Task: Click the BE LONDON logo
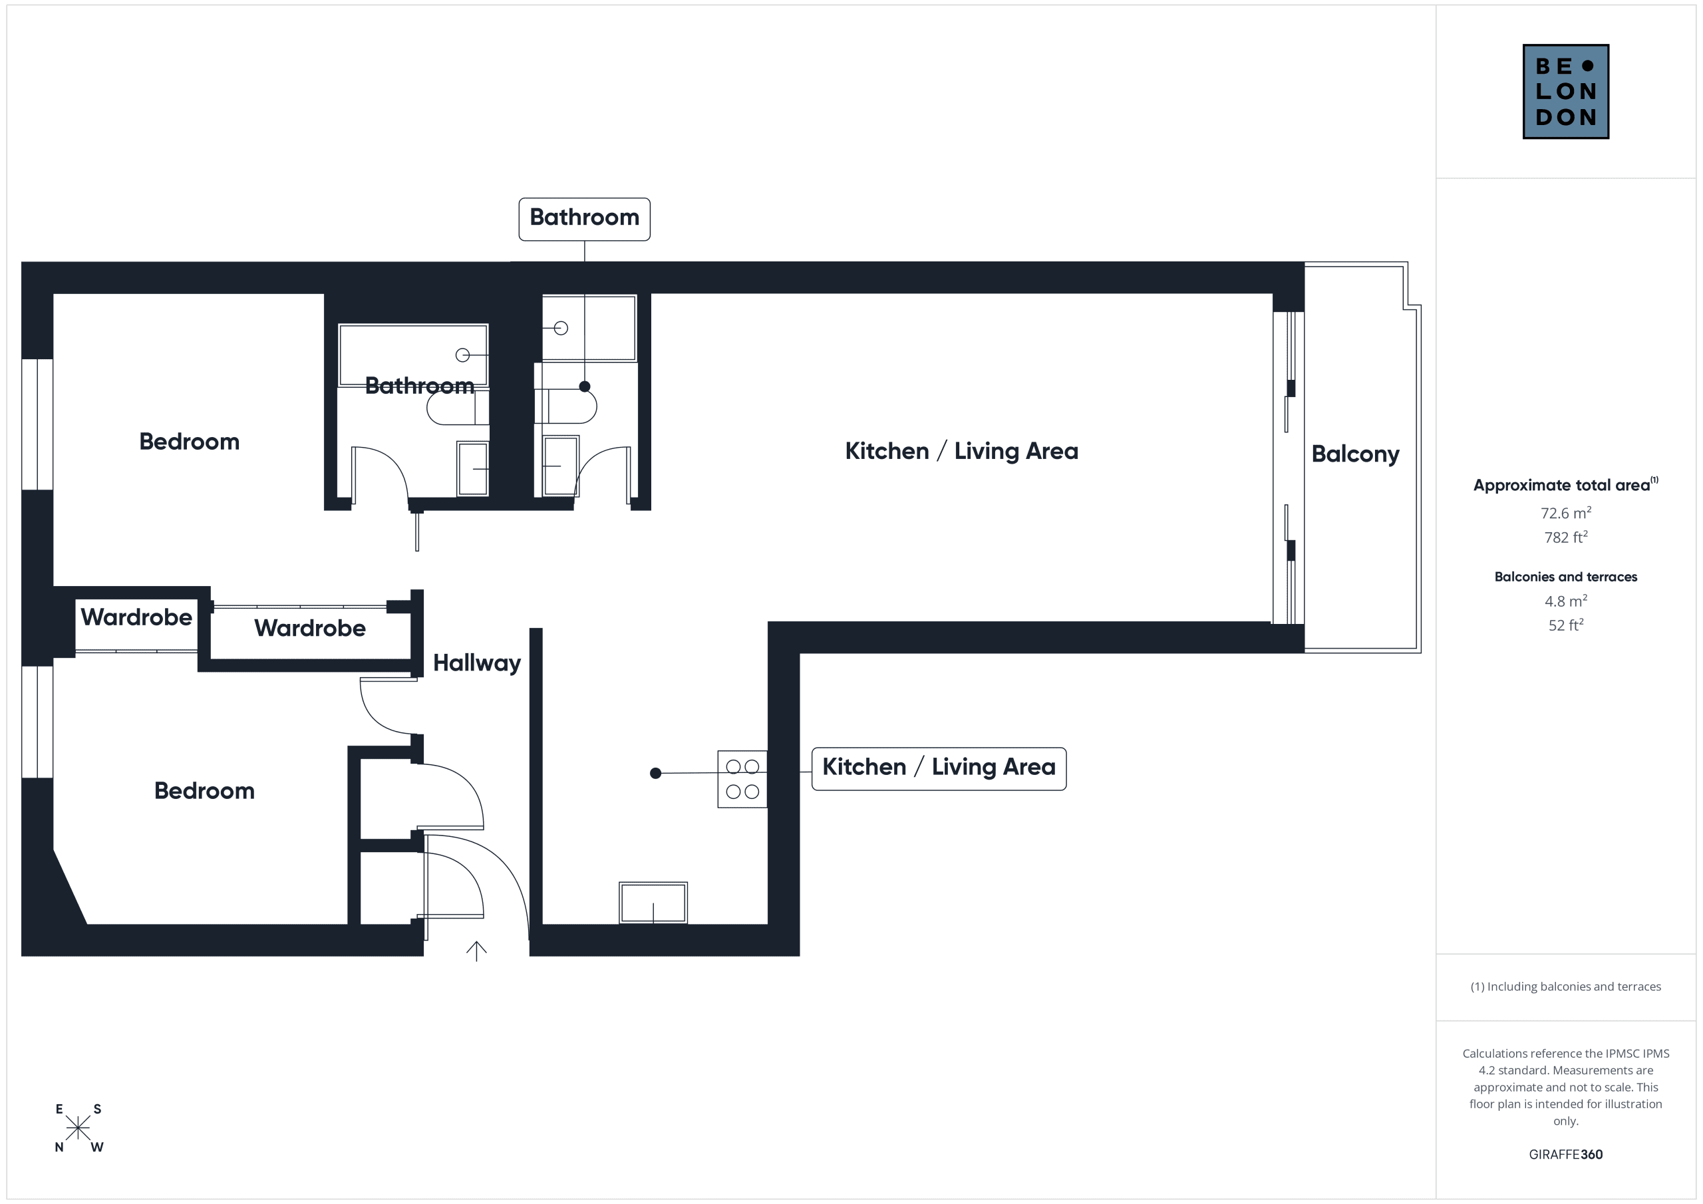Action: (x=1565, y=91)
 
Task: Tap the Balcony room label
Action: (x=1355, y=454)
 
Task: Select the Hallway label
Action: (x=477, y=663)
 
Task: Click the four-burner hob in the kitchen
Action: (x=742, y=779)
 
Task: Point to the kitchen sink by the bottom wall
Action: (x=653, y=903)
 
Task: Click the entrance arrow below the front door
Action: (x=476, y=951)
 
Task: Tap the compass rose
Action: (x=78, y=1128)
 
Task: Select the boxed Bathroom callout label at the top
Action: (x=585, y=219)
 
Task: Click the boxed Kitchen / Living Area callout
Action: (x=939, y=768)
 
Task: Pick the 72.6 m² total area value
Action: (x=1566, y=513)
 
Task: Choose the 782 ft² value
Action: (x=1566, y=537)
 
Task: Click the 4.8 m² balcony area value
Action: (x=1566, y=601)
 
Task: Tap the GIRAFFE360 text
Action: (x=1566, y=1154)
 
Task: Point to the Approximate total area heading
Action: (x=1566, y=484)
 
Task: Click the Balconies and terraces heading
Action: (x=1566, y=577)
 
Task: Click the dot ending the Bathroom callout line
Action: (x=585, y=386)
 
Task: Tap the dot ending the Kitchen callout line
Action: (x=656, y=774)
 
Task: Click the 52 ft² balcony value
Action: (x=1566, y=625)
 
